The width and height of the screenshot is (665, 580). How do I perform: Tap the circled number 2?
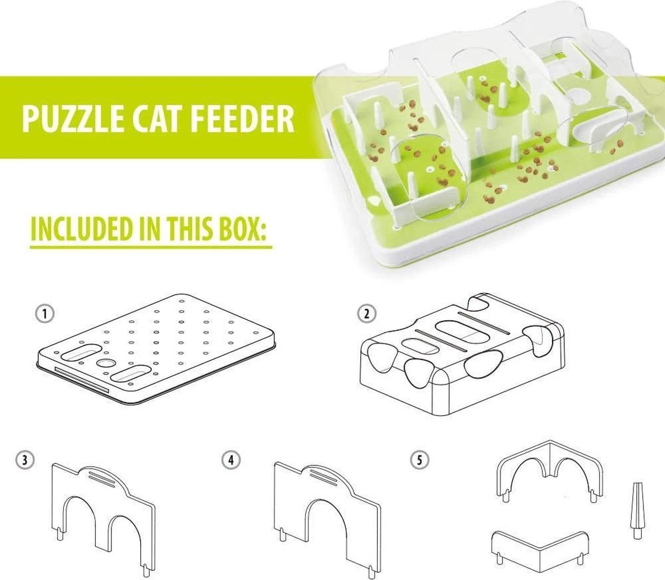[x=366, y=314]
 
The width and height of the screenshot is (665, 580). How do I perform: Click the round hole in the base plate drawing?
[x=105, y=363]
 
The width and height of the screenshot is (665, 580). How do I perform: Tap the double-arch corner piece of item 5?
[x=549, y=468]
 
